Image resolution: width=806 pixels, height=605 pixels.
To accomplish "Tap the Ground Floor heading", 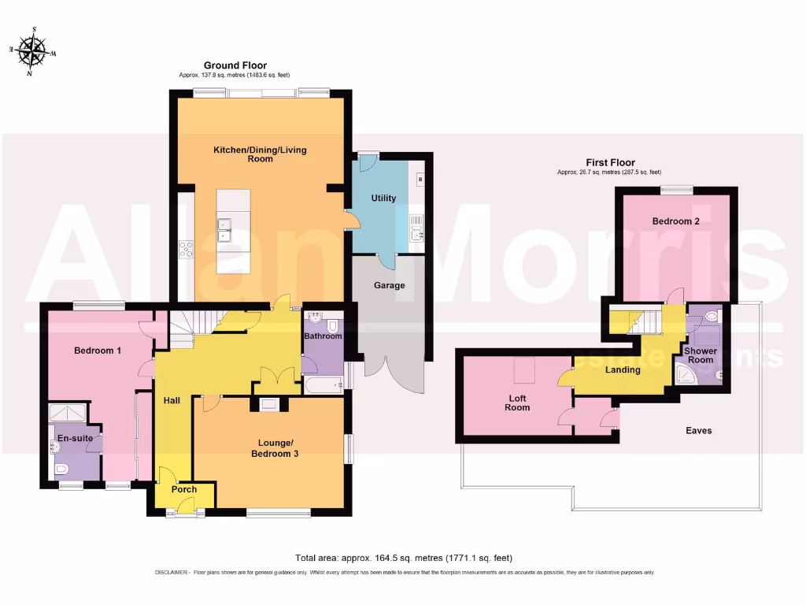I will point(235,65).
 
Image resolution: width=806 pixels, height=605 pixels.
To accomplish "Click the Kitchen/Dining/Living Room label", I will point(260,154).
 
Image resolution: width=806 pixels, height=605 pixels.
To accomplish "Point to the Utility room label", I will point(383,199).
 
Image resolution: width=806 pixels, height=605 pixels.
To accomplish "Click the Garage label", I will point(389,285).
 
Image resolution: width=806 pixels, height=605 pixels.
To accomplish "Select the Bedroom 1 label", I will point(98,350).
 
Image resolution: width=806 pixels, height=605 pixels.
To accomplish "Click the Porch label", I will point(183,489).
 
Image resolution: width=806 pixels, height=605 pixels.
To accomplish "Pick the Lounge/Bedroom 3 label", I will point(274,447).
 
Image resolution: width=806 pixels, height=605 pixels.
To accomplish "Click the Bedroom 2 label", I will point(675,221).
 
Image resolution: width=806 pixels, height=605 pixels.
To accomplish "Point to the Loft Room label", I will point(517,403).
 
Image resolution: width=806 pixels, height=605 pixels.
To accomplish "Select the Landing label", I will point(622,369).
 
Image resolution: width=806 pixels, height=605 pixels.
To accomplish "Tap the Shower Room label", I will point(700,356).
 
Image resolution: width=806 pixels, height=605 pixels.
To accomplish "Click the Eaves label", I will point(698,430).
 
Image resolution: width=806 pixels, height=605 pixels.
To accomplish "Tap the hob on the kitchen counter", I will point(187,250).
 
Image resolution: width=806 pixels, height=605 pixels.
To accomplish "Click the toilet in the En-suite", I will point(62,470).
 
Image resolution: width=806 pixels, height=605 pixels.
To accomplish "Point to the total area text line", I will point(403,557).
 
